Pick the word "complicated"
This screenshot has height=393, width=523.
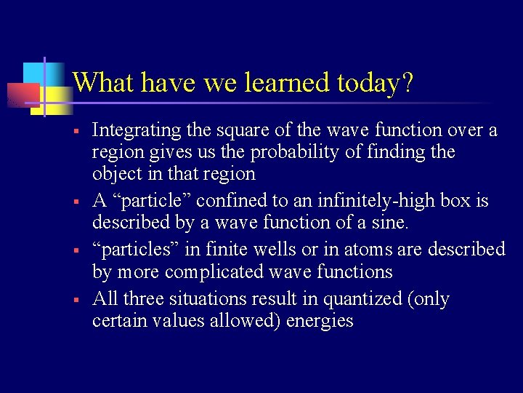[x=222, y=272]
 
